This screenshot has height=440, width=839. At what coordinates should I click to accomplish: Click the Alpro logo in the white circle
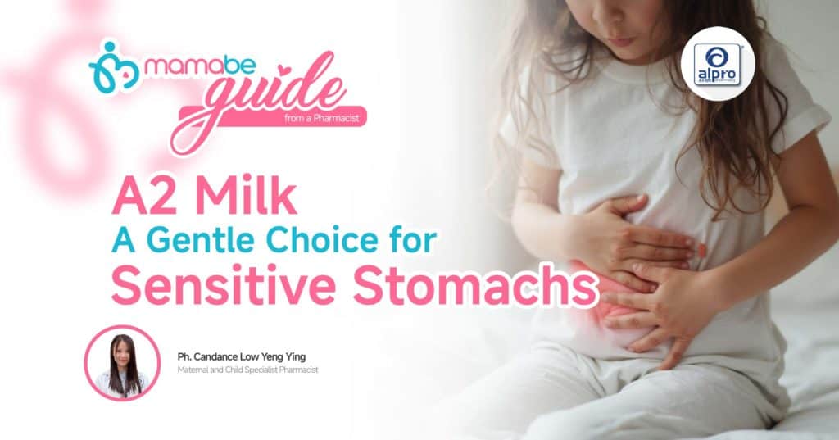pyautogui.click(x=718, y=64)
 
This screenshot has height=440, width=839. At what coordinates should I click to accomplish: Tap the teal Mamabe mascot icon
pyautogui.click(x=114, y=68)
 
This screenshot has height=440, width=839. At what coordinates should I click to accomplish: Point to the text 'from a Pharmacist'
pyautogui.click(x=322, y=118)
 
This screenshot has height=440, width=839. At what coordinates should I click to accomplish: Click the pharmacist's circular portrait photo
pyautogui.click(x=123, y=363)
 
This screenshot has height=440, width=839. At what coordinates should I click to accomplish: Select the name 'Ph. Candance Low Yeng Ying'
pyautogui.click(x=242, y=356)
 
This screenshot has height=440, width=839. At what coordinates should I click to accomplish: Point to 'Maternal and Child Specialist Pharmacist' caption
pyautogui.click(x=247, y=370)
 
